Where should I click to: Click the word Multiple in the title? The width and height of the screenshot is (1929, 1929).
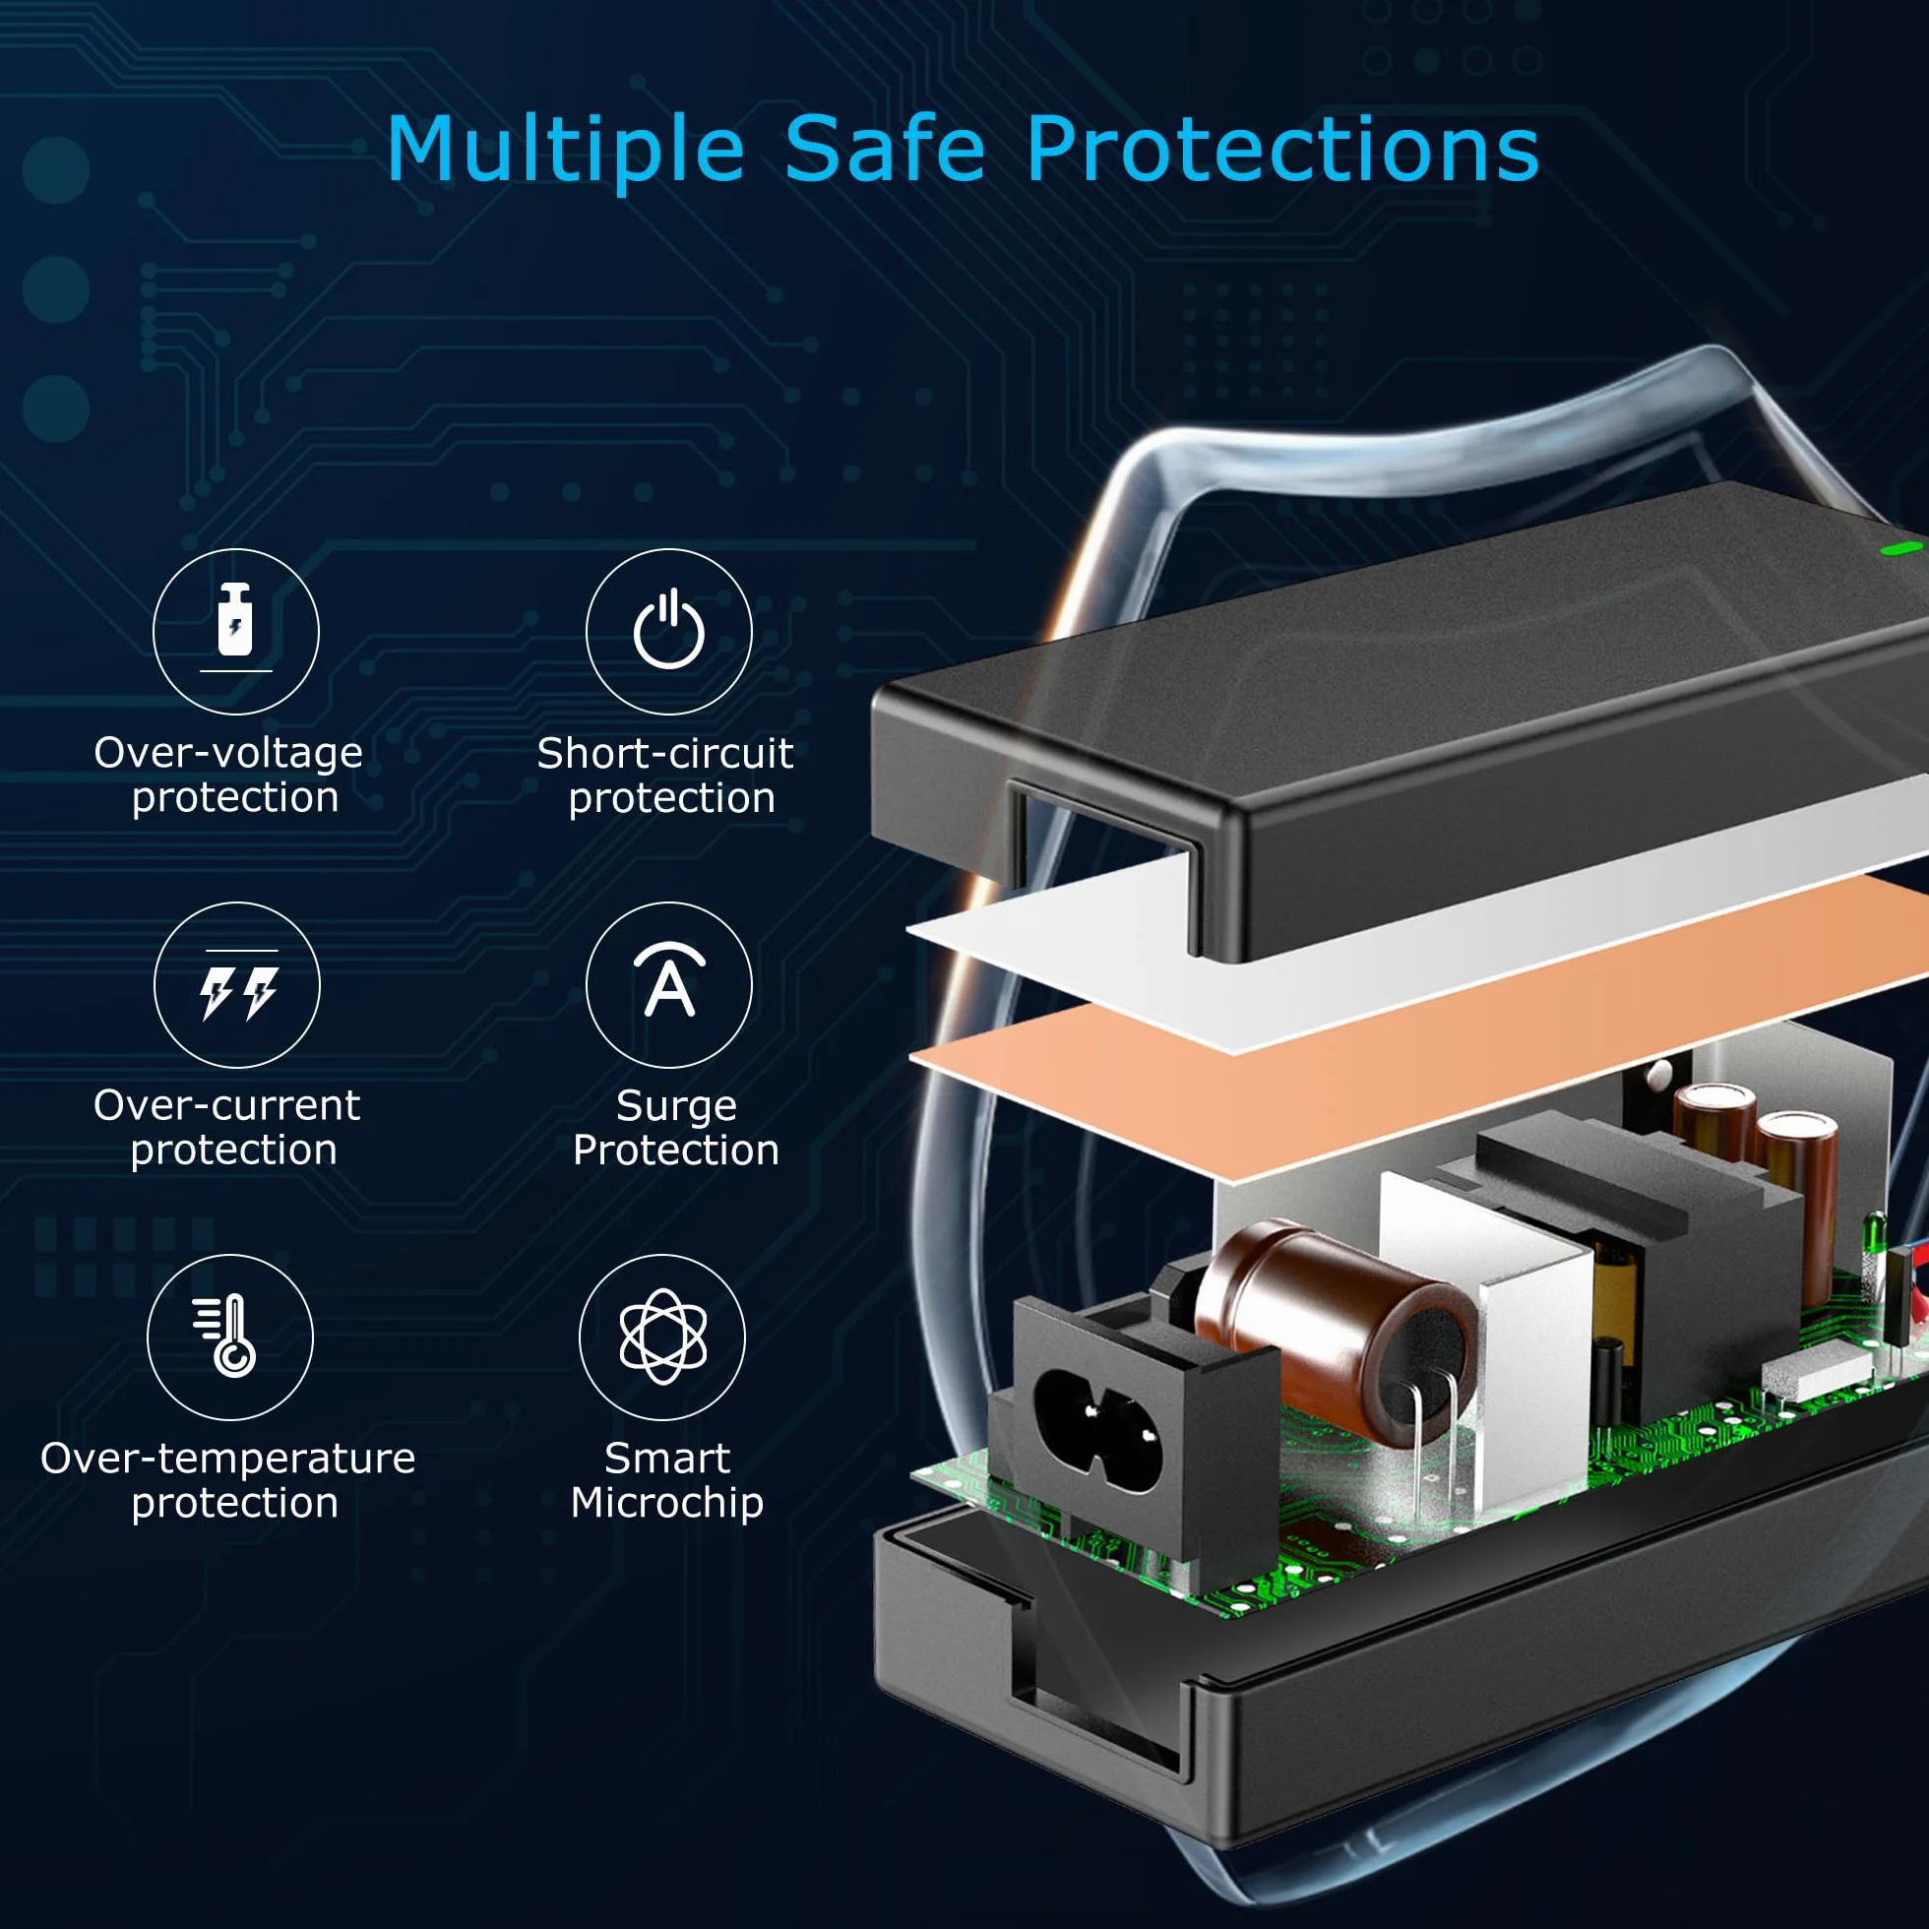[565, 151]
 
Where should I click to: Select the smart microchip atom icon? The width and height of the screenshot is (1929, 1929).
[663, 1337]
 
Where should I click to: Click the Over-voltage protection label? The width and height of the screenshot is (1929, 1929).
[228, 776]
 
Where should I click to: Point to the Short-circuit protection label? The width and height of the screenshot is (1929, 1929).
[666, 776]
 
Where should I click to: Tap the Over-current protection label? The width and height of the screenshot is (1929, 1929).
[227, 1128]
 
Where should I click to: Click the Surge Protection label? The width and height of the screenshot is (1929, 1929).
[676, 1128]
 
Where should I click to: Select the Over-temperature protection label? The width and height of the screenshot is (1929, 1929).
[228, 1480]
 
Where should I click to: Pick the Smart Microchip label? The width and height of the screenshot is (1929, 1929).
[667, 1480]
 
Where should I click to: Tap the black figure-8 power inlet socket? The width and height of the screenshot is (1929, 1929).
[1098, 1415]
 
